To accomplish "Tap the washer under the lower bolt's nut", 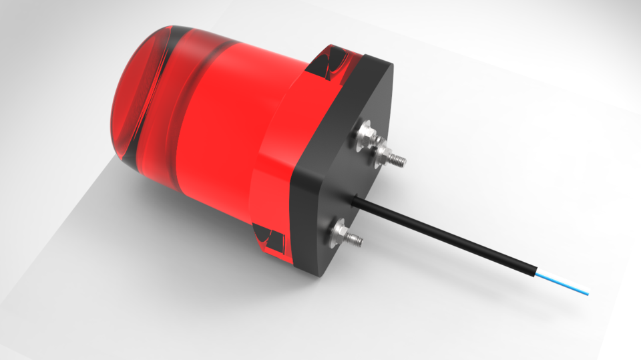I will [x=335, y=230].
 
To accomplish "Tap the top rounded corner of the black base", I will [x=381, y=63].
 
